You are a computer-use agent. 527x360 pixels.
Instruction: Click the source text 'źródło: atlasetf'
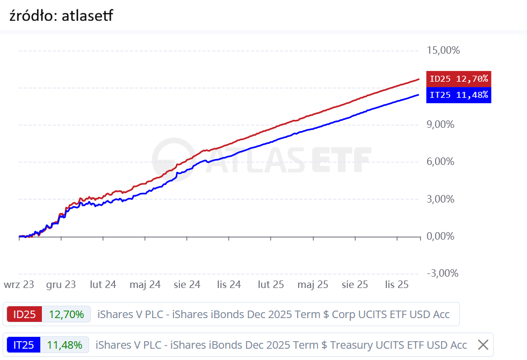61,16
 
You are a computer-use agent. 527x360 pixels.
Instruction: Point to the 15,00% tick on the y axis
443,51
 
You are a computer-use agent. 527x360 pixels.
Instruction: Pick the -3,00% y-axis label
442,273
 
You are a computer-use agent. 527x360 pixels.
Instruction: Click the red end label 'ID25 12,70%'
458,79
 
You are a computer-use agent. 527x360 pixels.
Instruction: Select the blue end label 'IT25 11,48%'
458,95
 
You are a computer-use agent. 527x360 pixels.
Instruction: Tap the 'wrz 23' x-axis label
19,284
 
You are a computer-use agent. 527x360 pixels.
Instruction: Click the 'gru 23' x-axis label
61,284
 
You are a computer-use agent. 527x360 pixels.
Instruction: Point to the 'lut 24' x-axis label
103,284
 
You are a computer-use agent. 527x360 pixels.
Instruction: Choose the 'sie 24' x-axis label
187,284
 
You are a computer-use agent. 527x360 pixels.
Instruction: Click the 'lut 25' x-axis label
270,284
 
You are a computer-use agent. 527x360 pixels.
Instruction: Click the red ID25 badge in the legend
24,314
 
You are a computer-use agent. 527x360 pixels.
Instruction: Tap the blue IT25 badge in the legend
23,345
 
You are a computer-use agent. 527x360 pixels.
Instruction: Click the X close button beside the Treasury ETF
483,345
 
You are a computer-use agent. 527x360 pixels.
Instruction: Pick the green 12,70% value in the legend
66,314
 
